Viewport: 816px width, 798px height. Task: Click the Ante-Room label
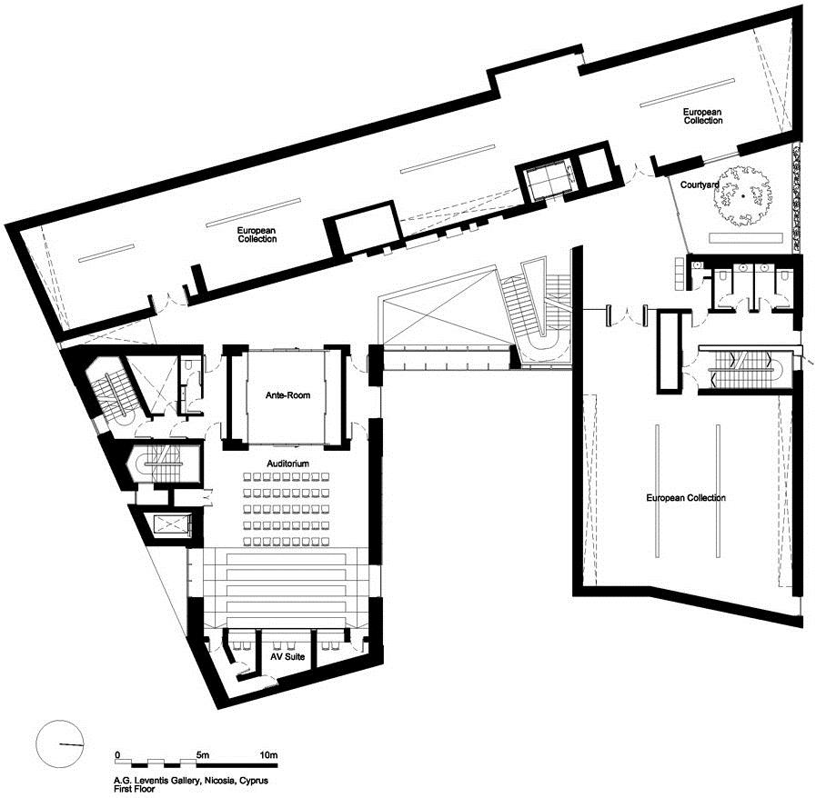pyautogui.click(x=287, y=395)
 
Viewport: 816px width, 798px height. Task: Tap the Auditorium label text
pyautogui.click(x=287, y=464)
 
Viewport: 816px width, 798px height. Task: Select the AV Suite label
pyautogui.click(x=287, y=656)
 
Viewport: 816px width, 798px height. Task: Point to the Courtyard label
pyautogui.click(x=700, y=185)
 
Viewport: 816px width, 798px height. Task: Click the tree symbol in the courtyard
pyautogui.click(x=742, y=195)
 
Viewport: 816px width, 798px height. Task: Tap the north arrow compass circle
pyautogui.click(x=60, y=744)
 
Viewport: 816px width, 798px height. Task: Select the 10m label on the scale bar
pyautogui.click(x=268, y=755)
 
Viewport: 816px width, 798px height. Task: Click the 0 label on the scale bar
pyautogui.click(x=117, y=755)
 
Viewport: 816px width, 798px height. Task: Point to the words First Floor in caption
pyautogui.click(x=135, y=789)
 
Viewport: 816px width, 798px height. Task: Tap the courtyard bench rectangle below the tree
pyautogui.click(x=746, y=238)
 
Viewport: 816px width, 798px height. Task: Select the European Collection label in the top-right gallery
pyautogui.click(x=702, y=116)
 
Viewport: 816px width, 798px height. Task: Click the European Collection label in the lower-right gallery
pyautogui.click(x=686, y=498)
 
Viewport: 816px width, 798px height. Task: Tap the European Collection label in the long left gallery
pyautogui.click(x=257, y=234)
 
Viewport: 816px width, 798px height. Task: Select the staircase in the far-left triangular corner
pyautogui.click(x=111, y=390)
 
